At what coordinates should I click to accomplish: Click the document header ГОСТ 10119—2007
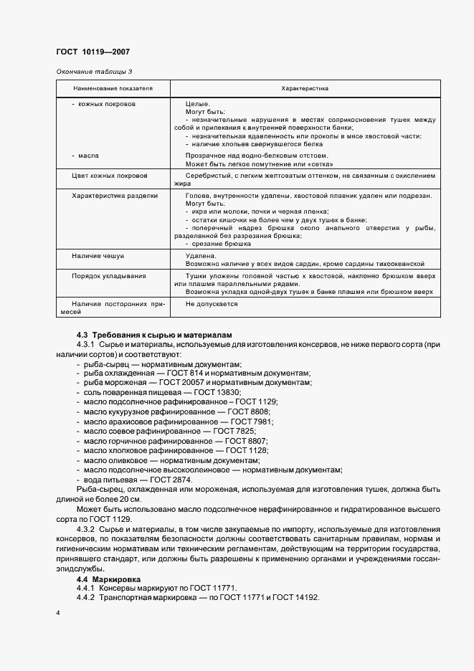(x=93, y=52)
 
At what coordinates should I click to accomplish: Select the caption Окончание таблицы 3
(x=94, y=71)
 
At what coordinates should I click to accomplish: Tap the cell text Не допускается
(x=212, y=304)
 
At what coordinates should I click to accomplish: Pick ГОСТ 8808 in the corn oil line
(x=249, y=411)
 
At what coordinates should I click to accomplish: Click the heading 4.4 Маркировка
(x=108, y=579)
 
